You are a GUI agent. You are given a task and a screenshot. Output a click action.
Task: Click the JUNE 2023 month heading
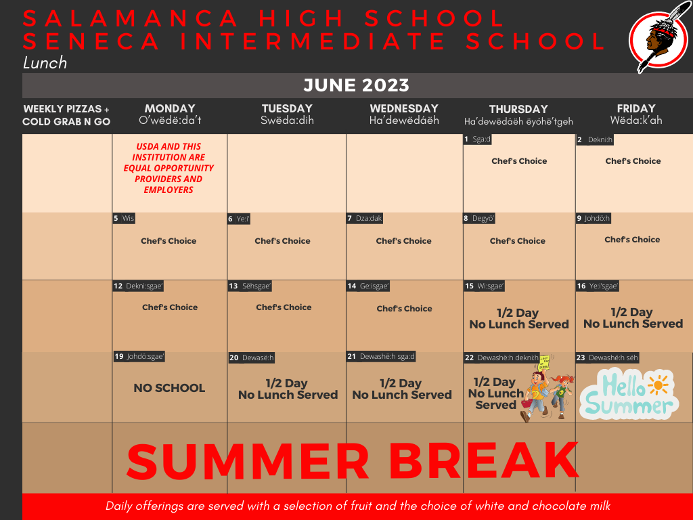356,85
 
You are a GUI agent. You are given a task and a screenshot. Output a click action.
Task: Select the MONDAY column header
170,108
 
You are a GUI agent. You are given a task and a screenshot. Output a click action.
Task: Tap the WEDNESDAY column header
404,108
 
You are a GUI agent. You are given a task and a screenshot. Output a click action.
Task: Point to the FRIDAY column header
636,108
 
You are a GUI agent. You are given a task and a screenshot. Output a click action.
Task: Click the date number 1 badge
466,139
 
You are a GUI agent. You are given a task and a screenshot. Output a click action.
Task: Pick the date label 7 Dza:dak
365,219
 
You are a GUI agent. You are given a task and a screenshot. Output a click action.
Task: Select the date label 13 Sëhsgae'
250,286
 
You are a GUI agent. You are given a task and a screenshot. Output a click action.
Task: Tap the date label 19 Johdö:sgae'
139,357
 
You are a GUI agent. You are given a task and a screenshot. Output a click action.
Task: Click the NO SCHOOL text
169,388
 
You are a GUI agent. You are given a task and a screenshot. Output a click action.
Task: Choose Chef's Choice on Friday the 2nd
633,161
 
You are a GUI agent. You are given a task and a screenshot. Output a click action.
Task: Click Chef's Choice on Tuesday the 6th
282,241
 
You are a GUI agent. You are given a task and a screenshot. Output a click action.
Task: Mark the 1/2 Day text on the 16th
631,312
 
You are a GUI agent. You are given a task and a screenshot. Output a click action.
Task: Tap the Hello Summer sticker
628,393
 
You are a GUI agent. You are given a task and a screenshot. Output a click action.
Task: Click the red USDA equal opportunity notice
169,168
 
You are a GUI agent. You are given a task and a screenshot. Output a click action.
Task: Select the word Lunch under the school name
45,63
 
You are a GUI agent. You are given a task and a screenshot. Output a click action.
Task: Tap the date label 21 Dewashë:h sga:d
381,357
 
